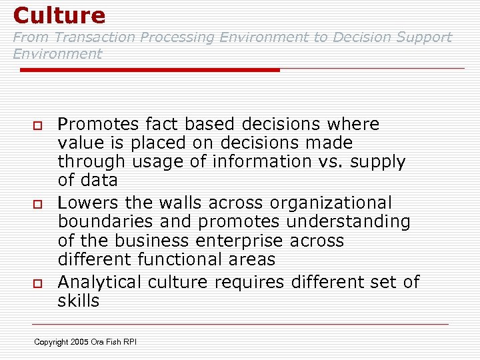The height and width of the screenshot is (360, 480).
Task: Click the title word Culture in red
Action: pos(59,15)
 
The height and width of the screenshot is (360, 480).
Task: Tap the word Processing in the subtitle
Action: pos(181,38)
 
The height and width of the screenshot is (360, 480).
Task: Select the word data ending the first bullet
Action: pos(97,181)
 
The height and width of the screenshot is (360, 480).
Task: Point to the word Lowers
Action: pos(87,203)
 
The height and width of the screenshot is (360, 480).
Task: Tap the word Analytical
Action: pos(99,282)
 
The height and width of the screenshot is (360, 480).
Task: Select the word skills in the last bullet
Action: pos(79,301)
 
